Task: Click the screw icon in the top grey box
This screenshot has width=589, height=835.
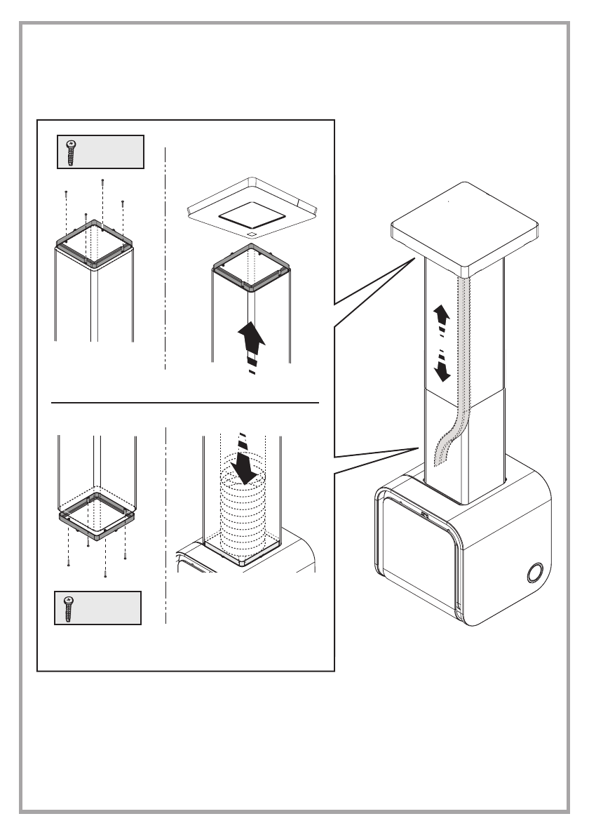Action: [x=71, y=152]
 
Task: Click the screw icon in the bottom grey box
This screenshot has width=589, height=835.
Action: [x=69, y=607]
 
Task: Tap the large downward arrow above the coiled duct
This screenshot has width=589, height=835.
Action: [x=244, y=467]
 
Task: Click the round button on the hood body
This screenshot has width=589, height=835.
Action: [x=535, y=573]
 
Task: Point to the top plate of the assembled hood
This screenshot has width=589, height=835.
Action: [x=466, y=225]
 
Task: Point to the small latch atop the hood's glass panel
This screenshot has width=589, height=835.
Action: [x=425, y=516]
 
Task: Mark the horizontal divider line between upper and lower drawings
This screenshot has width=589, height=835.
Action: [x=186, y=403]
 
